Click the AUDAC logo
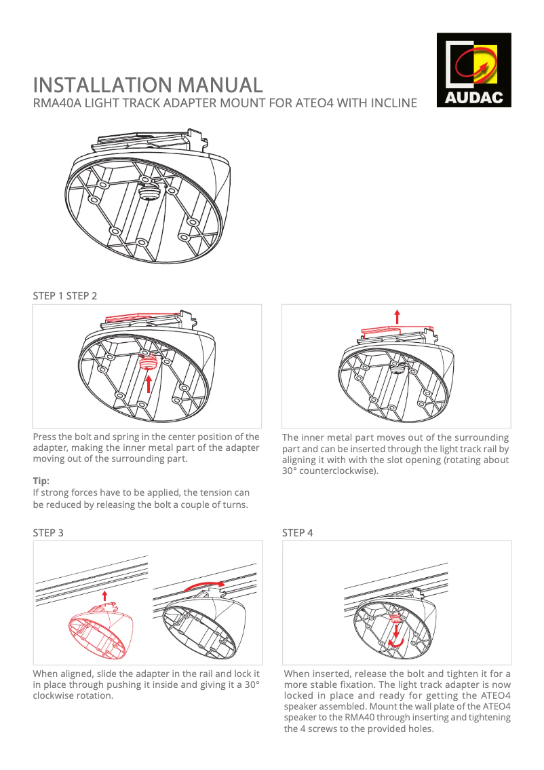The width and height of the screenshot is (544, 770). click(473, 70)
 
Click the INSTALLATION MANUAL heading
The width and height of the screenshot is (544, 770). click(148, 85)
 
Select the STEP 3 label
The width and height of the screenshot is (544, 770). click(49, 532)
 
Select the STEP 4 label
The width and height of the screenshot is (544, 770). click(298, 532)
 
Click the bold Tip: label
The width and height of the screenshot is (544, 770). click(41, 480)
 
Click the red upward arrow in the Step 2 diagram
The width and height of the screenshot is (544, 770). click(397, 317)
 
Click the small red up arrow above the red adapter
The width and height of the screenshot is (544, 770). click(104, 596)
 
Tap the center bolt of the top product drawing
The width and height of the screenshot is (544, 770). click(148, 191)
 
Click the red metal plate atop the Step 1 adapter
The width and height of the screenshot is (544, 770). click(142, 317)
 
